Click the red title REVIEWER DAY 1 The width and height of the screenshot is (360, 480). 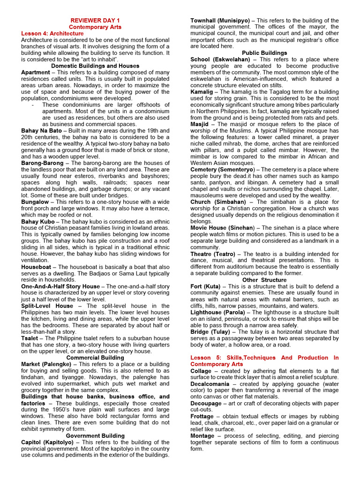(95, 21)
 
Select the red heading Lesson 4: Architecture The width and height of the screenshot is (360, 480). (52, 34)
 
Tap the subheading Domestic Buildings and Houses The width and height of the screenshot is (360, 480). (95, 66)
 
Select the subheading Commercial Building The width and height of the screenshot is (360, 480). (95, 357)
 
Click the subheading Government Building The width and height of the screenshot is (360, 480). (95, 435)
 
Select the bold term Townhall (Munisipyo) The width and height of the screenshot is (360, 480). (220, 21)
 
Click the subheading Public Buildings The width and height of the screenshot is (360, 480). (264, 53)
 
